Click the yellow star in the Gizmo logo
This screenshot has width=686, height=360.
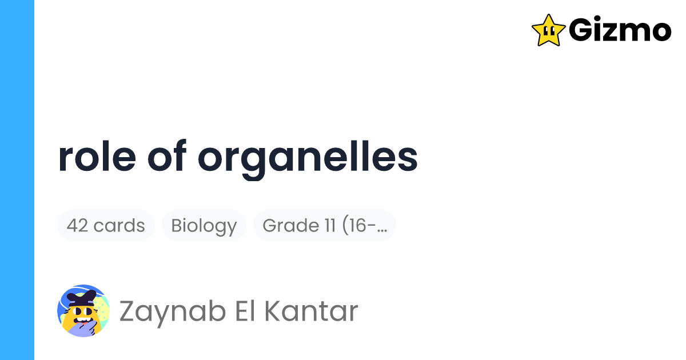tap(548, 30)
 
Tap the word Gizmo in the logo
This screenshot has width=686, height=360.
tap(620, 30)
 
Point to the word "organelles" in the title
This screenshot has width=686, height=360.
tap(308, 160)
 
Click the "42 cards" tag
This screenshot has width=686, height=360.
tap(106, 226)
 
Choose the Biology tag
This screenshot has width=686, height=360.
tap(204, 226)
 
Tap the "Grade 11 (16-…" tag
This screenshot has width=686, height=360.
tap(325, 226)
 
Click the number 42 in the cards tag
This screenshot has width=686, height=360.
tap(78, 226)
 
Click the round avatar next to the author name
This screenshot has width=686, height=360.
tap(83, 311)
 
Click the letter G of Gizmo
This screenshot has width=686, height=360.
tap(583, 30)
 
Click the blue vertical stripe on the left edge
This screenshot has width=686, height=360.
tap(17, 180)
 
